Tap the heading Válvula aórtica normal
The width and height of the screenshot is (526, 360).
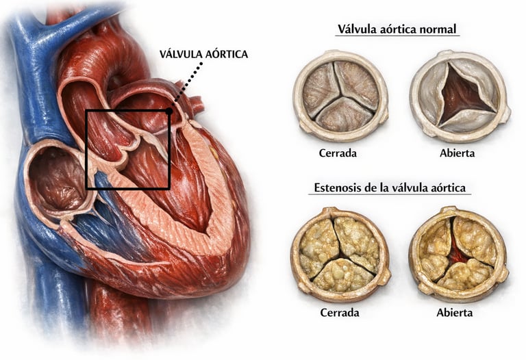tap(397, 30)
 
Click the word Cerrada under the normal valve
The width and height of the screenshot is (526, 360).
tap(338, 153)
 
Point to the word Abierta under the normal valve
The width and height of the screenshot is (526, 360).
tap(457, 153)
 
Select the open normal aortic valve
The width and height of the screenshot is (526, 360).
tap(459, 96)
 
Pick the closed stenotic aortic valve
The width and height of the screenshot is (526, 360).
tap(340, 254)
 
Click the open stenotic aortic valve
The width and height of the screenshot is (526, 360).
tap(458, 254)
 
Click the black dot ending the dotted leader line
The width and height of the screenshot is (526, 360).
tap(169, 110)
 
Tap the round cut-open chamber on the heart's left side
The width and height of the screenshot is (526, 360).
tap(58, 179)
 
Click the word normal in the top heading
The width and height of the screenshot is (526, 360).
tap(438, 30)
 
